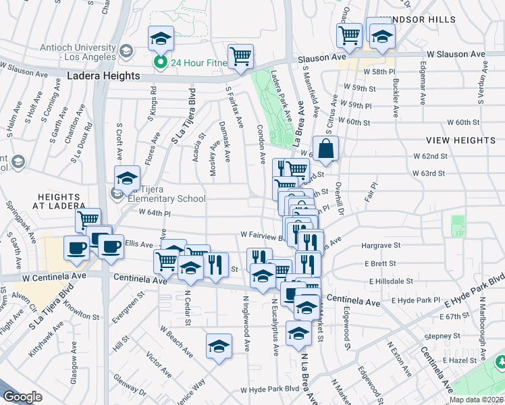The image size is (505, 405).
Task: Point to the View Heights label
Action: [460, 140]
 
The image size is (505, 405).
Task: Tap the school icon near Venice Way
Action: [219, 347]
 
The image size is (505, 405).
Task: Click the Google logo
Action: [22, 397]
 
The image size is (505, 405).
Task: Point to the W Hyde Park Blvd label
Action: [269, 389]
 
